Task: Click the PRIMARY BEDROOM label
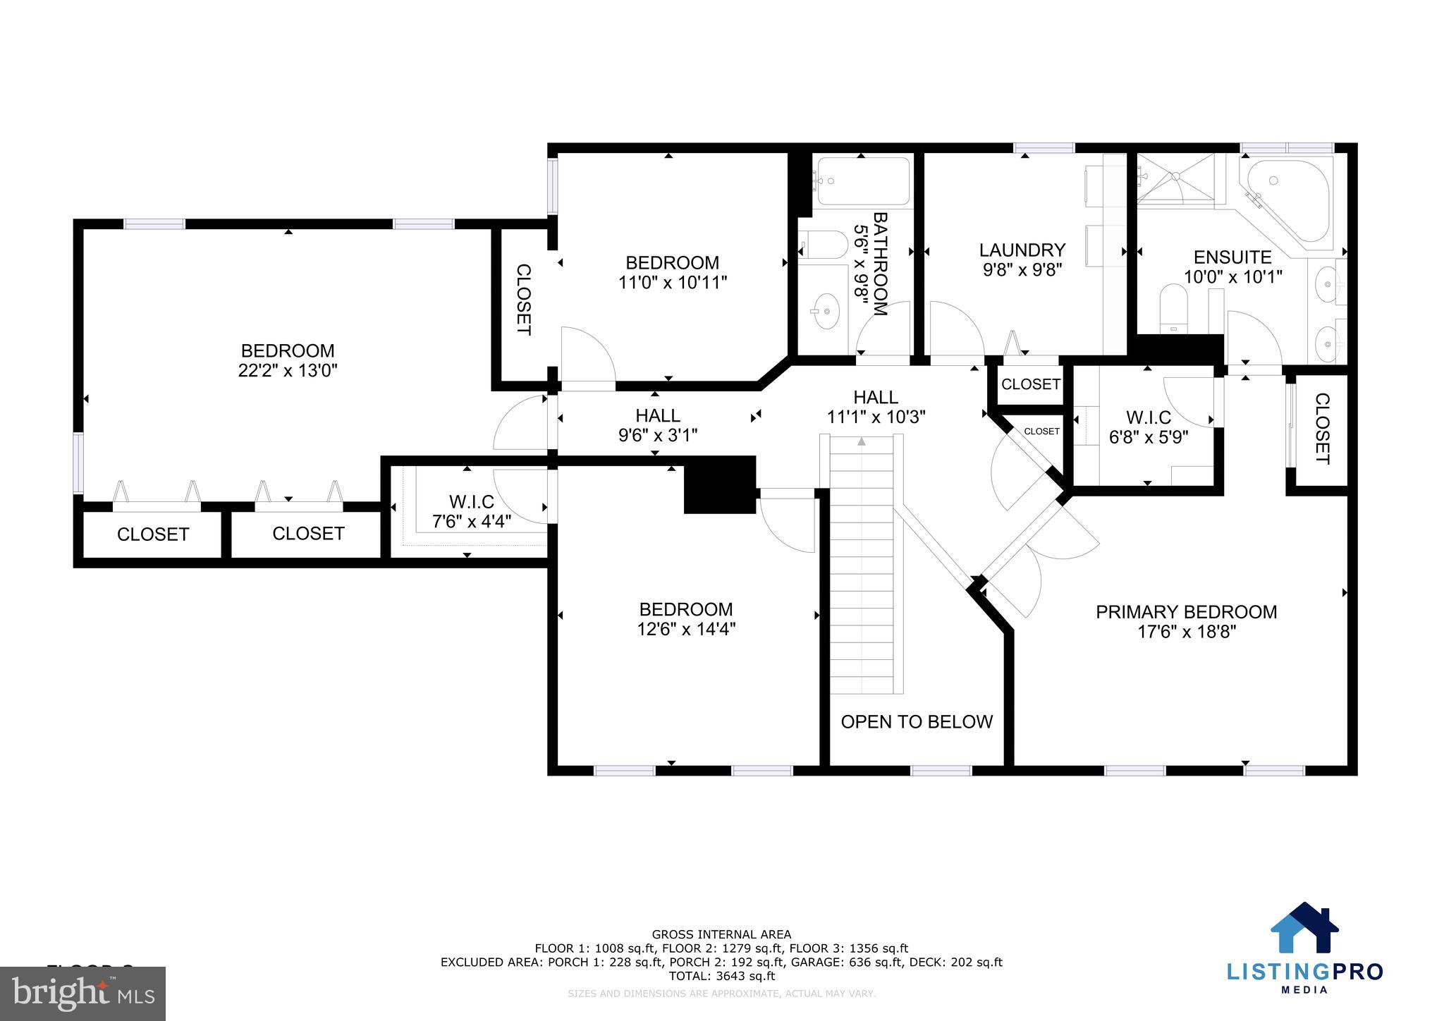1186,612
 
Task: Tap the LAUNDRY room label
1022,250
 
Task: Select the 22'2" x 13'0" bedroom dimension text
288,371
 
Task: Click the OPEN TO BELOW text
917,721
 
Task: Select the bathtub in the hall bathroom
862,181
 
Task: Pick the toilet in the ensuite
1174,308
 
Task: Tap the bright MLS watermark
83,994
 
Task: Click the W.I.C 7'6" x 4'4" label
471,511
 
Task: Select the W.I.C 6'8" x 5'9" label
1149,427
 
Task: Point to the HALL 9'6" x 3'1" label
657,425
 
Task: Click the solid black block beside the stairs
720,484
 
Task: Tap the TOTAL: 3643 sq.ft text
721,976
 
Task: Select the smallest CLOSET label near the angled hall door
1041,431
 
